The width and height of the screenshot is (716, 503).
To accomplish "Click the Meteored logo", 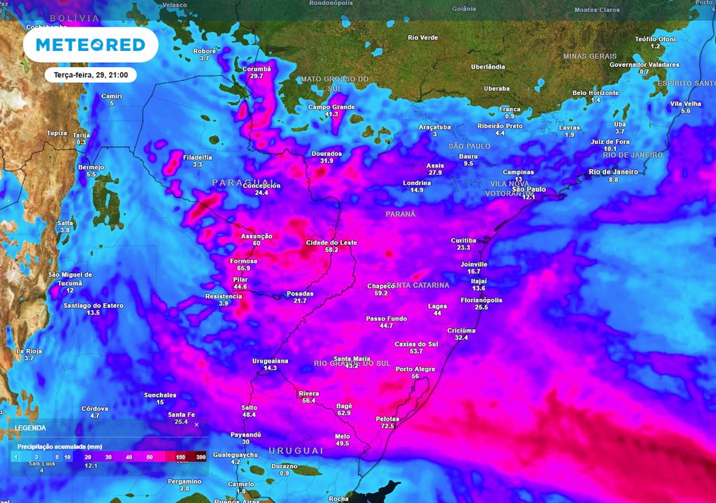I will pos(90,45).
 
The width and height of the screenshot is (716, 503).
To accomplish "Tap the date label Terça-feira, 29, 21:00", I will pos(90,74).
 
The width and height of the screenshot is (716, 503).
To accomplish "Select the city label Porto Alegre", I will pos(415,369).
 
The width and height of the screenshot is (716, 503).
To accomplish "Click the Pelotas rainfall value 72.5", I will pos(387,426).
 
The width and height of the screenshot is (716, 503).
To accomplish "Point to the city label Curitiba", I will pos(464,240).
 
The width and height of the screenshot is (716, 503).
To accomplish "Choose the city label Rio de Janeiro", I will pos(613,172).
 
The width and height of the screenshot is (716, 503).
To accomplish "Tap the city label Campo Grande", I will pos(331,107).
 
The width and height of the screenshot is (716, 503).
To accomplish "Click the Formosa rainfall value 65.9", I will pos(243,268).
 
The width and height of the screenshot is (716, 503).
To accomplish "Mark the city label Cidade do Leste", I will pos(331,242).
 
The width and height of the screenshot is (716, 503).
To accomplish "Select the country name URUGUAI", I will pos(295,451).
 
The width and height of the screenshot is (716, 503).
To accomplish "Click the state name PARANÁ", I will pos(401,214).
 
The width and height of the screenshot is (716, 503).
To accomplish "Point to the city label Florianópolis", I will pos(481,300).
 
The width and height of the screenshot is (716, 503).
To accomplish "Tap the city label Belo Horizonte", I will pos(595,93).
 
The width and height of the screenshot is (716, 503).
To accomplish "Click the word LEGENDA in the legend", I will pos(30,428).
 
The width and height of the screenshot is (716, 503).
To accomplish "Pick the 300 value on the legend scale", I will pos(201,456).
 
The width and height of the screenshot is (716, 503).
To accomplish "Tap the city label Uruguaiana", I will pos(270,360).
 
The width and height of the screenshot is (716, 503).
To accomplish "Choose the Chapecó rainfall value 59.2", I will pos(381,293).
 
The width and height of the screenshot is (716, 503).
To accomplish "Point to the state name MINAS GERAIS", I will pos(589,56).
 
